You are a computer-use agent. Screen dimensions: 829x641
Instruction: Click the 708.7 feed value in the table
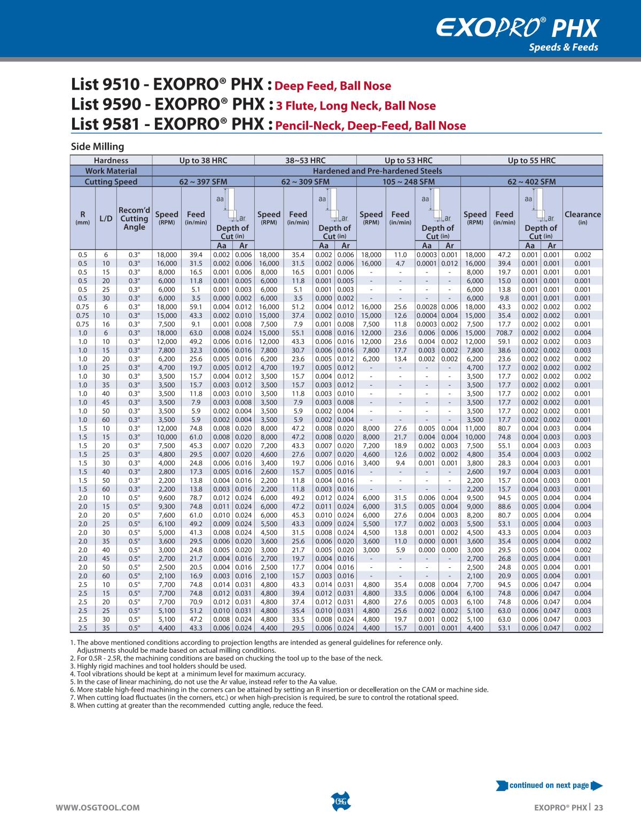pyautogui.click(x=504, y=333)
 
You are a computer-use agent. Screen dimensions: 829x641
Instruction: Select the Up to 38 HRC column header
pyautogui.click(x=204, y=160)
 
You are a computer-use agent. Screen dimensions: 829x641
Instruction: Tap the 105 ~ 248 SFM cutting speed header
pyautogui.click(x=408, y=182)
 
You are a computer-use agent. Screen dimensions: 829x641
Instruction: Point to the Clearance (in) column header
pyautogui.click(x=582, y=217)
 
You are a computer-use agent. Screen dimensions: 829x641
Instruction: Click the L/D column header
pyautogui.click(x=106, y=218)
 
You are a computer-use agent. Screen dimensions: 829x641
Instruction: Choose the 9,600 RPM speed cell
pyautogui.click(x=167, y=498)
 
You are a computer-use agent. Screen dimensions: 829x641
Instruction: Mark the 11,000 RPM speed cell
pyautogui.click(x=475, y=428)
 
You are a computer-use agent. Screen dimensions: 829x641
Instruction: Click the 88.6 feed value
pyautogui.click(x=504, y=506)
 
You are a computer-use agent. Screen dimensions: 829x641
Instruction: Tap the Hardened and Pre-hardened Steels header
pyautogui.click(x=377, y=171)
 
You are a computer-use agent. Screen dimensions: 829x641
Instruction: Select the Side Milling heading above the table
pyautogui.click(x=97, y=146)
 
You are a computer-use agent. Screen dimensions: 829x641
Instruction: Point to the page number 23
pyautogui.click(x=598, y=808)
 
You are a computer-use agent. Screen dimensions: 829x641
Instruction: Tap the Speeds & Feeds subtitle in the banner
pyautogui.click(x=563, y=48)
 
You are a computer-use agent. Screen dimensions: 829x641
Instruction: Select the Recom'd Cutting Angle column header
pyautogui.click(x=134, y=218)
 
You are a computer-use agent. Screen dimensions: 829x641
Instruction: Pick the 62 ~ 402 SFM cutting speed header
pyautogui.click(x=531, y=182)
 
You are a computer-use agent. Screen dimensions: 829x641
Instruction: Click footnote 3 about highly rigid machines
pyautogui.click(x=158, y=666)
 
